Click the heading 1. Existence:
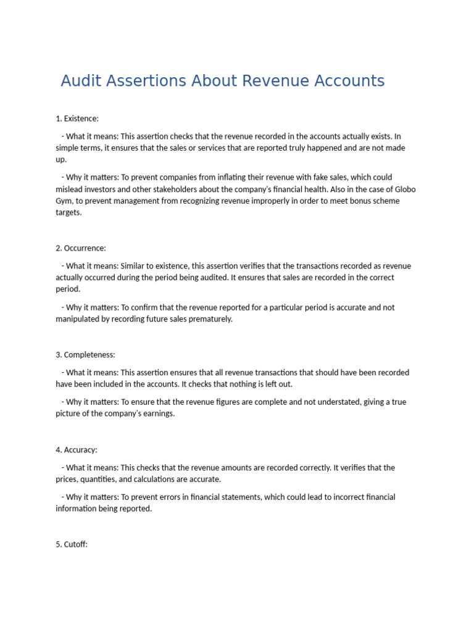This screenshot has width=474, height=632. click(77, 118)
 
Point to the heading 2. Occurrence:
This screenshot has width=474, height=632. click(81, 248)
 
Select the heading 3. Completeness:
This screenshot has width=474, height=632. click(85, 355)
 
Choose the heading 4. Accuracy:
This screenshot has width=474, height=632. click(77, 450)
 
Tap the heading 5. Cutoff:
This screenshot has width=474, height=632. click(72, 545)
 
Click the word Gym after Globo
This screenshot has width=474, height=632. click(65, 201)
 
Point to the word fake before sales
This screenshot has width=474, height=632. click(310, 178)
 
